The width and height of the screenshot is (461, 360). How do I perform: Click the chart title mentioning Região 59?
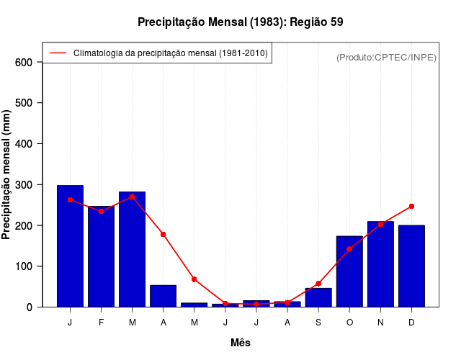pos(240,22)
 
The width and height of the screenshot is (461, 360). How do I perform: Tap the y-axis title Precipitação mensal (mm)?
pos(6,174)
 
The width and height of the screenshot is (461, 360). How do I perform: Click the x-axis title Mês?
pos(241,343)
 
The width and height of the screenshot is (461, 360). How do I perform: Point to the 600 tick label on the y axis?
pos(24,63)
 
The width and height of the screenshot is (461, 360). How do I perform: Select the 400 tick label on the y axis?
pos(24,144)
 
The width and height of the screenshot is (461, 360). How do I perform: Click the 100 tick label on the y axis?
pos(24,266)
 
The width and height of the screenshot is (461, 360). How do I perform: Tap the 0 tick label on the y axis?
pos(30,307)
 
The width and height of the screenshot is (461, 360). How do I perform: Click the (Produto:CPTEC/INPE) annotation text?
pos(387,58)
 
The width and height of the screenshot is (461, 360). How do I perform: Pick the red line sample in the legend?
pos(58,53)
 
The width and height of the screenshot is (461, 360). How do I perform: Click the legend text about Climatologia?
pos(170,53)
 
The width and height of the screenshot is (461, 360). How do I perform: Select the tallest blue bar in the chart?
pos(70,246)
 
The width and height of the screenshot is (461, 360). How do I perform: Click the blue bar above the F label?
pos(101,256)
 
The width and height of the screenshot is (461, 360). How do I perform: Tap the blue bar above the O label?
pos(349,271)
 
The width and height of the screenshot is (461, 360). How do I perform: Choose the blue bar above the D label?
pos(411,266)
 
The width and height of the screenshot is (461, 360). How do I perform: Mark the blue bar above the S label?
pos(318,297)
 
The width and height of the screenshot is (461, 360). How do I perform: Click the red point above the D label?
pos(411,207)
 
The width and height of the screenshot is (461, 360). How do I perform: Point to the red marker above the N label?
pos(380,224)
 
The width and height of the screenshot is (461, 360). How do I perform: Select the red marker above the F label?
pos(101,211)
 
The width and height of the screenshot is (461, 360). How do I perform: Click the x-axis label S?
pos(318,323)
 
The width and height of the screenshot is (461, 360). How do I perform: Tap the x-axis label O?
pos(349,323)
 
